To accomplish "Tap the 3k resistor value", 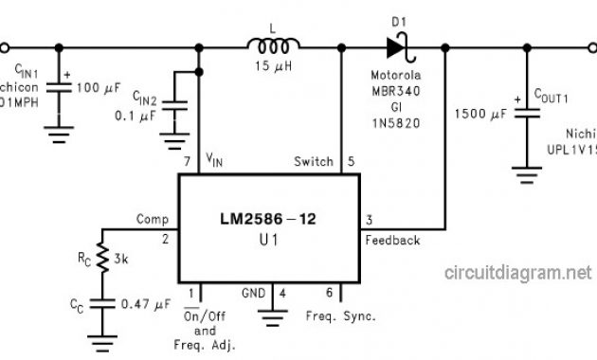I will click(120, 258).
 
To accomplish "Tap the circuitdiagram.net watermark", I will click(517, 273).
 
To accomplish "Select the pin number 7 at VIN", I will click(187, 162).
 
